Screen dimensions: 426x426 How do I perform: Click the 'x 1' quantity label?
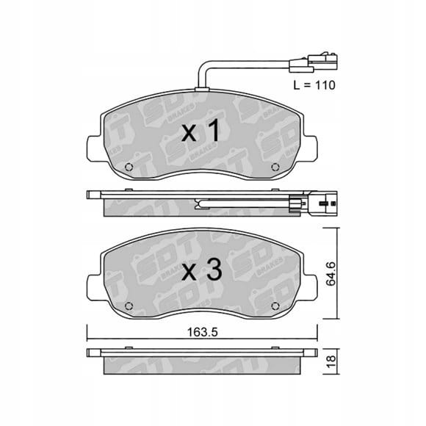pyautogui.click(x=201, y=131)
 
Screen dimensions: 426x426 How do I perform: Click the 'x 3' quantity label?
pyautogui.click(x=201, y=270)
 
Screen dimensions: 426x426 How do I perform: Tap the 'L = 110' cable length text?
pyautogui.click(x=314, y=85)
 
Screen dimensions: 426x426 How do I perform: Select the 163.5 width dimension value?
pyautogui.click(x=203, y=332)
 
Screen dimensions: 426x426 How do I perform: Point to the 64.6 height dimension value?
pyautogui.click(x=331, y=274)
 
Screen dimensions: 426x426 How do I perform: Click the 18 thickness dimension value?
pyautogui.click(x=331, y=362)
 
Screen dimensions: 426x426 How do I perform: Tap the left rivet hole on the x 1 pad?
pyautogui.click(x=129, y=167)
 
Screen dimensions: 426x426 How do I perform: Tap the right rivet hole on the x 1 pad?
pyautogui.click(x=275, y=167)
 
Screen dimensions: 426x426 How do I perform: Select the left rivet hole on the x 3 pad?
pyautogui.click(x=129, y=306)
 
